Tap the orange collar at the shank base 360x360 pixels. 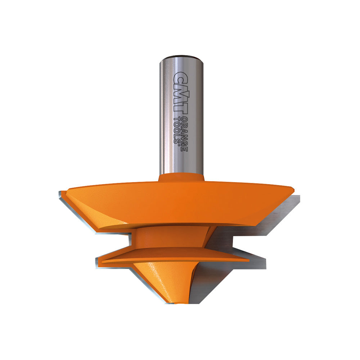click(181, 178)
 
